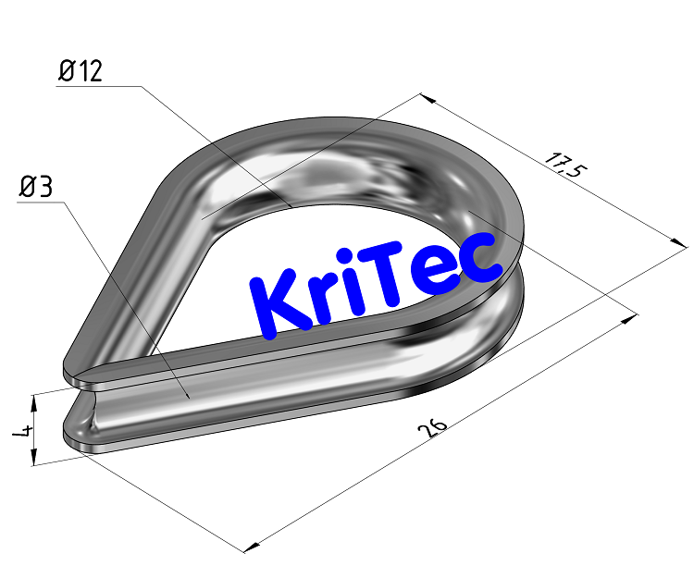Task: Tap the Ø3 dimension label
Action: click(36, 188)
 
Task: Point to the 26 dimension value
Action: click(433, 428)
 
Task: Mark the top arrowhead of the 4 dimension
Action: click(34, 399)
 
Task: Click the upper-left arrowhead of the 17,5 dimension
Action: click(425, 96)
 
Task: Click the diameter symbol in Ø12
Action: click(66, 71)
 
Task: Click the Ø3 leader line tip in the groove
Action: click(191, 398)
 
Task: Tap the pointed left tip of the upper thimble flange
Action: click(66, 372)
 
